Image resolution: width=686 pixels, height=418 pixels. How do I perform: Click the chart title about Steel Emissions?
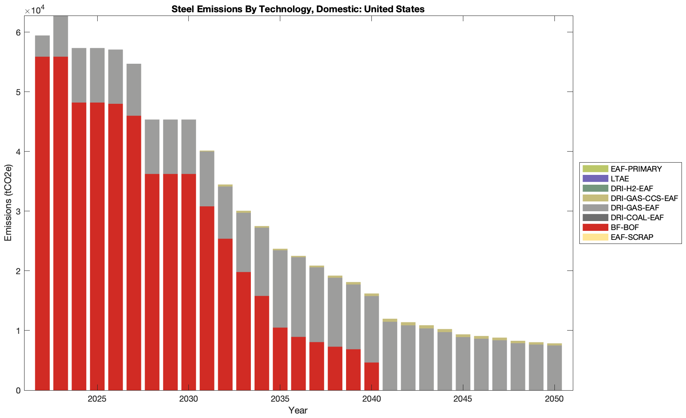click(x=298, y=9)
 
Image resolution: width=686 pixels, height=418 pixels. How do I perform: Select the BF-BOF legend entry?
click(x=624, y=227)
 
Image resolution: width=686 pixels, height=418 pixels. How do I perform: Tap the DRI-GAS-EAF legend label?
click(x=635, y=208)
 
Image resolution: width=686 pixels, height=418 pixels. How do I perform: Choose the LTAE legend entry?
click(x=619, y=179)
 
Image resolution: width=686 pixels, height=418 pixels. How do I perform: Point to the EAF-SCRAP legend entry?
click(x=632, y=237)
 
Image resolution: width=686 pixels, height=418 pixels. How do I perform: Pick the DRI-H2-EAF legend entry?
click(x=632, y=188)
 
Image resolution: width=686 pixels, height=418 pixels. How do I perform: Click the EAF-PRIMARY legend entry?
click(x=636, y=169)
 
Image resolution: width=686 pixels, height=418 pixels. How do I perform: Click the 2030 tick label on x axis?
click(x=188, y=399)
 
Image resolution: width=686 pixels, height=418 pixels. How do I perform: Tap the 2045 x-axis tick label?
click(x=463, y=399)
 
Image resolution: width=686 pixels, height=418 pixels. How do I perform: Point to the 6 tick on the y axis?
click(x=18, y=33)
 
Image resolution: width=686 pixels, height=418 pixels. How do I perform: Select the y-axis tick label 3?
click(x=18, y=211)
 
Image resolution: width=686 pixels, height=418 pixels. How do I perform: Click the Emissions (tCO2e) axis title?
click(x=8, y=203)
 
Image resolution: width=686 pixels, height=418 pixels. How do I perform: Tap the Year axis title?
click(x=298, y=410)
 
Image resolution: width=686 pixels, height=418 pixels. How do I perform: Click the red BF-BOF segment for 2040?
click(x=371, y=376)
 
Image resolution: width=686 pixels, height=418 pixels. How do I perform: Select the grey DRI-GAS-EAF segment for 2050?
click(x=554, y=368)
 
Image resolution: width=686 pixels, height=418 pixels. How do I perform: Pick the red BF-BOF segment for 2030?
click(x=188, y=282)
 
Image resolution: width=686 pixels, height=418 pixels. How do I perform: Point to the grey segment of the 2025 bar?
click(x=97, y=75)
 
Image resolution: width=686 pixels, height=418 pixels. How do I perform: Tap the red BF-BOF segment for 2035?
click(x=280, y=359)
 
